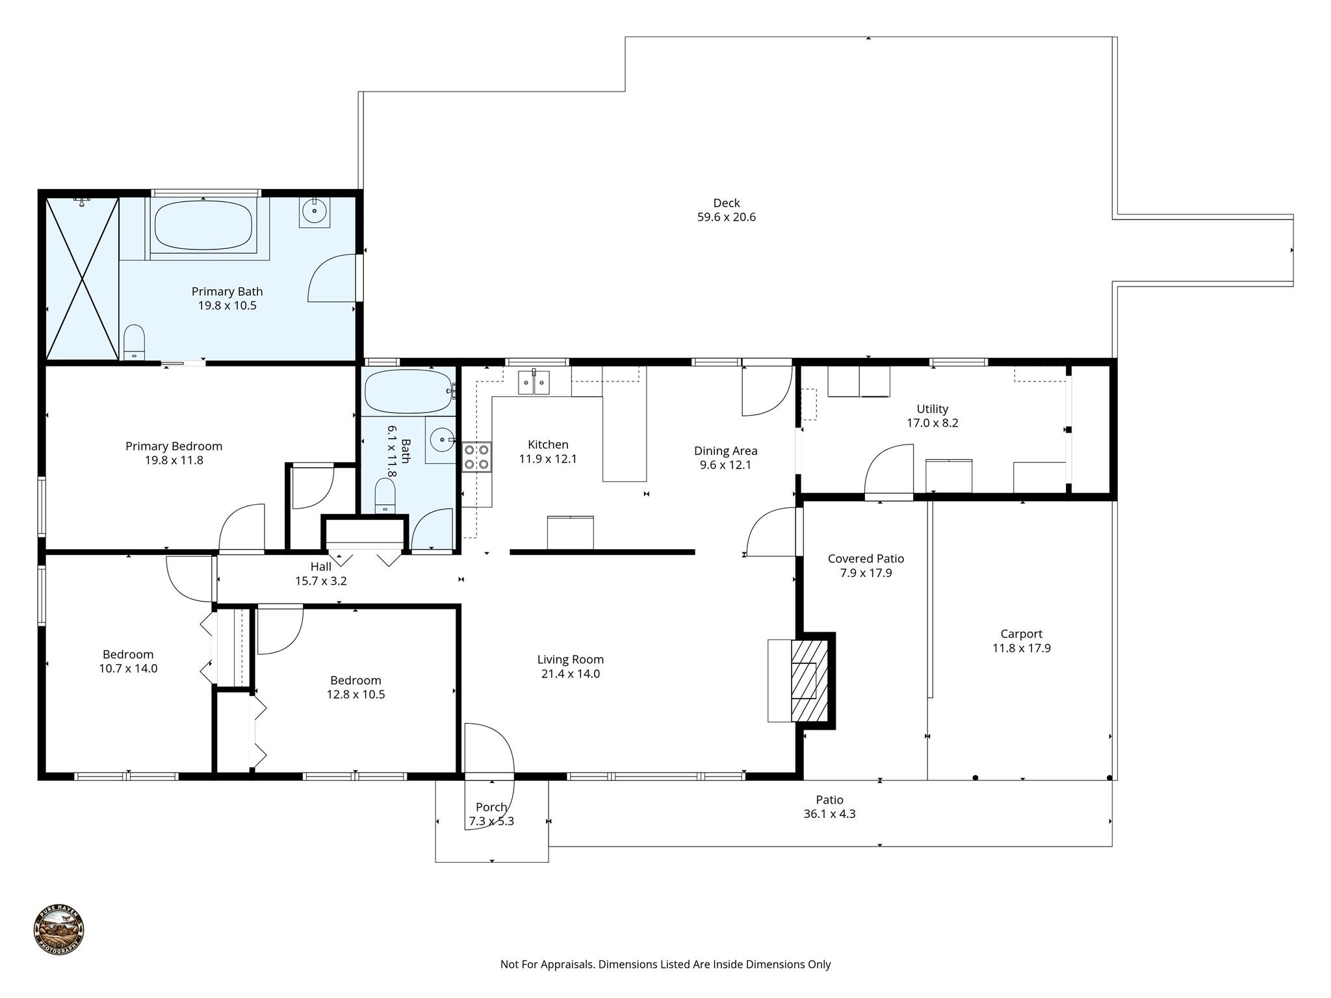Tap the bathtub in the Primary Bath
tap(203, 225)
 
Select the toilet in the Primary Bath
tap(134, 342)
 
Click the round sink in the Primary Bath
tap(315, 211)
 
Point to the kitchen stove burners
tap(476, 456)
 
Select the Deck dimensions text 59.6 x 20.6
tap(727, 218)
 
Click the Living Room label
tap(571, 659)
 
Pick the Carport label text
tap(1022, 633)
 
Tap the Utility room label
tap(933, 409)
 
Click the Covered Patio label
tap(866, 559)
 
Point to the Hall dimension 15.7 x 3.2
tap(321, 581)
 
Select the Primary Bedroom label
tap(174, 446)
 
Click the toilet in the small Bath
tap(385, 496)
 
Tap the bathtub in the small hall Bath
tap(409, 392)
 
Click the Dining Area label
tap(726, 451)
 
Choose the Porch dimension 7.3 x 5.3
tap(492, 821)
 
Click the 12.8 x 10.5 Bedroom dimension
tap(356, 695)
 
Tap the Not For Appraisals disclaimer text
tap(665, 964)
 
